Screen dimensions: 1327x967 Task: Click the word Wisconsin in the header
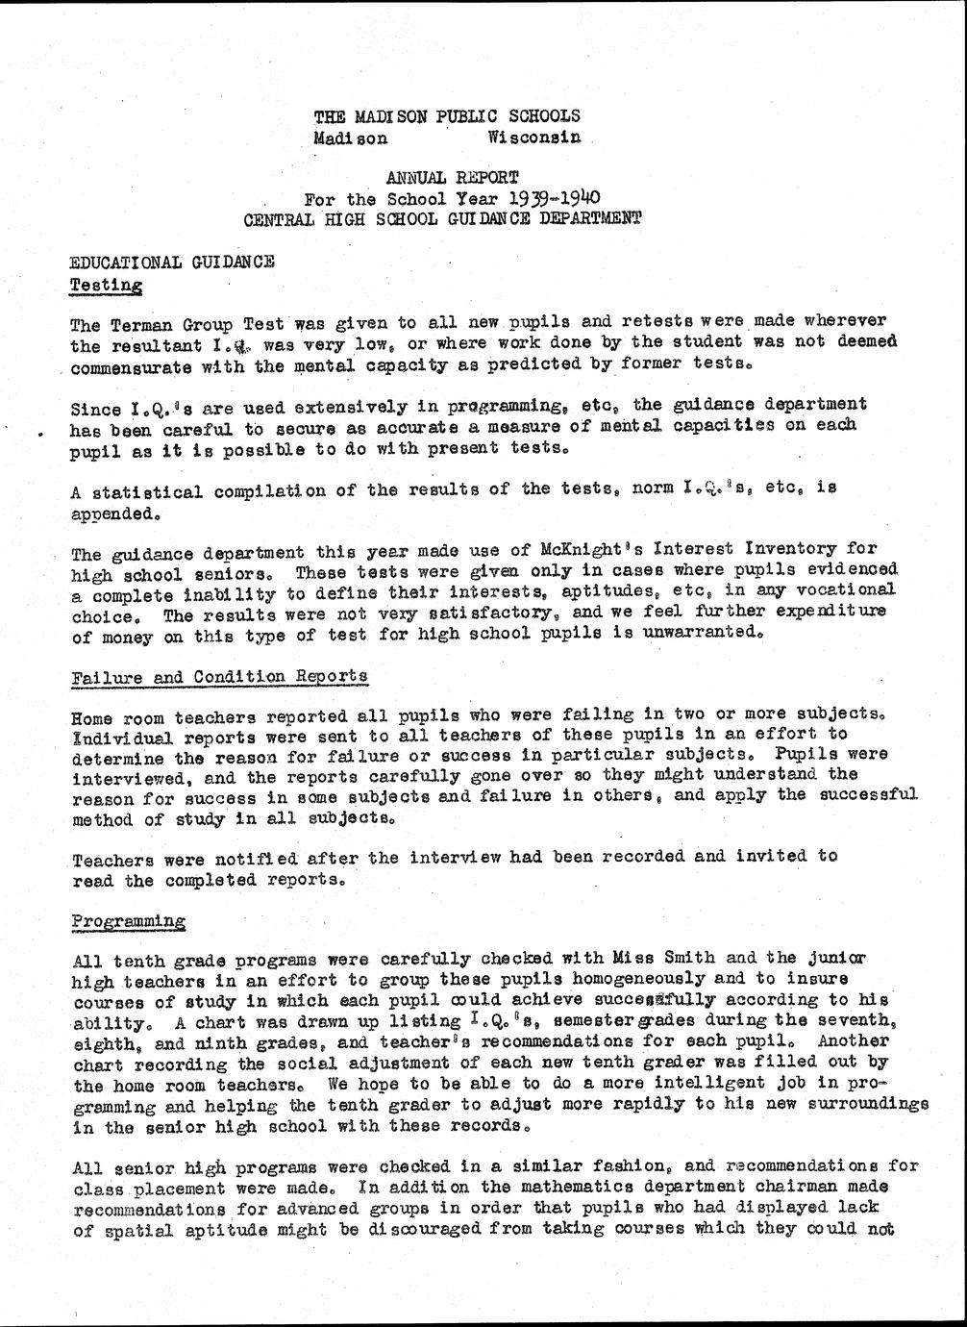coord(533,137)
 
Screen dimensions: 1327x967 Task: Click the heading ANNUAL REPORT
coord(452,177)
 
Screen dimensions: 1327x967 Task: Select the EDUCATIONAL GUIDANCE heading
coord(173,262)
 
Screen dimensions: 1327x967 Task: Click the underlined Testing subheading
coord(107,285)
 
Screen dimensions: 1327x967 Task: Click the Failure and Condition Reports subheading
coord(220,676)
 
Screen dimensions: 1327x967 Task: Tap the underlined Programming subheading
coord(129,920)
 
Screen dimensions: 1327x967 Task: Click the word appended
coord(110,513)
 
